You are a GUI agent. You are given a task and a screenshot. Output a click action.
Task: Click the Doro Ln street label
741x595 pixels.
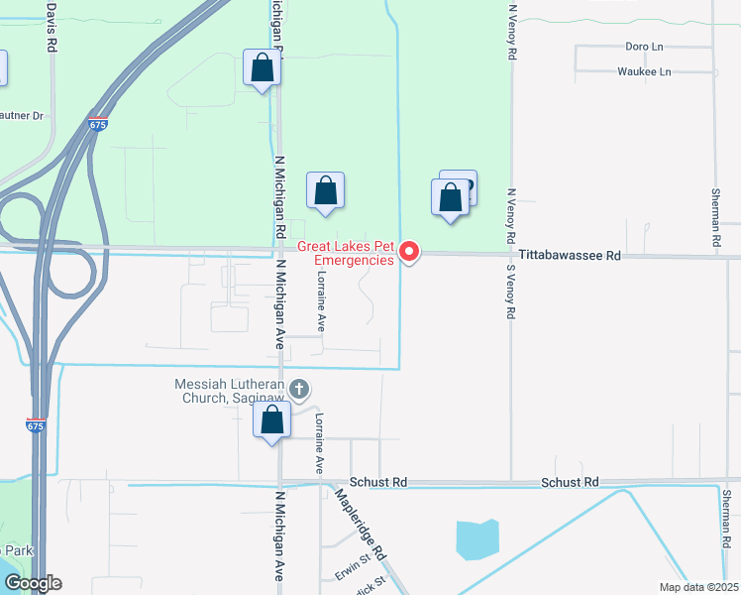click(x=643, y=47)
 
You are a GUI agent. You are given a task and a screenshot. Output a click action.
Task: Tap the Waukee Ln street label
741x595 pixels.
click(x=644, y=72)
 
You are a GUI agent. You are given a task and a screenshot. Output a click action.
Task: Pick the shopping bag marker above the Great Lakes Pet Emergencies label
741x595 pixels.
click(x=325, y=190)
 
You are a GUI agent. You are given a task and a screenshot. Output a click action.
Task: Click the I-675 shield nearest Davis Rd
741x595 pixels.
click(x=97, y=125)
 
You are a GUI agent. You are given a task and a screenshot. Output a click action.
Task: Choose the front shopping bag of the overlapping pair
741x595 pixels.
click(x=451, y=196)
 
